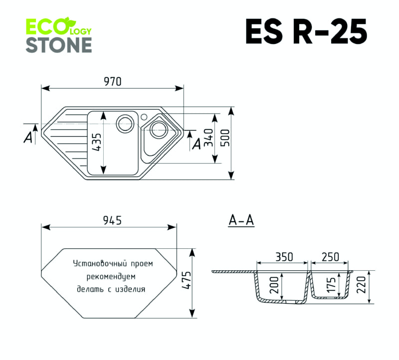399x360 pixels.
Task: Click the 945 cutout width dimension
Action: click(111, 220)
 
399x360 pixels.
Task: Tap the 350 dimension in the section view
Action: click(283, 257)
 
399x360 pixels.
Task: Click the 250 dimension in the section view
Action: click(330, 257)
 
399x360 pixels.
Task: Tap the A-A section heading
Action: click(241, 220)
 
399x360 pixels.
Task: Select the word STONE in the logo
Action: click(58, 45)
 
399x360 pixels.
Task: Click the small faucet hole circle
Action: click(144, 117)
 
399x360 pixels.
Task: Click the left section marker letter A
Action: click(28, 137)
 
